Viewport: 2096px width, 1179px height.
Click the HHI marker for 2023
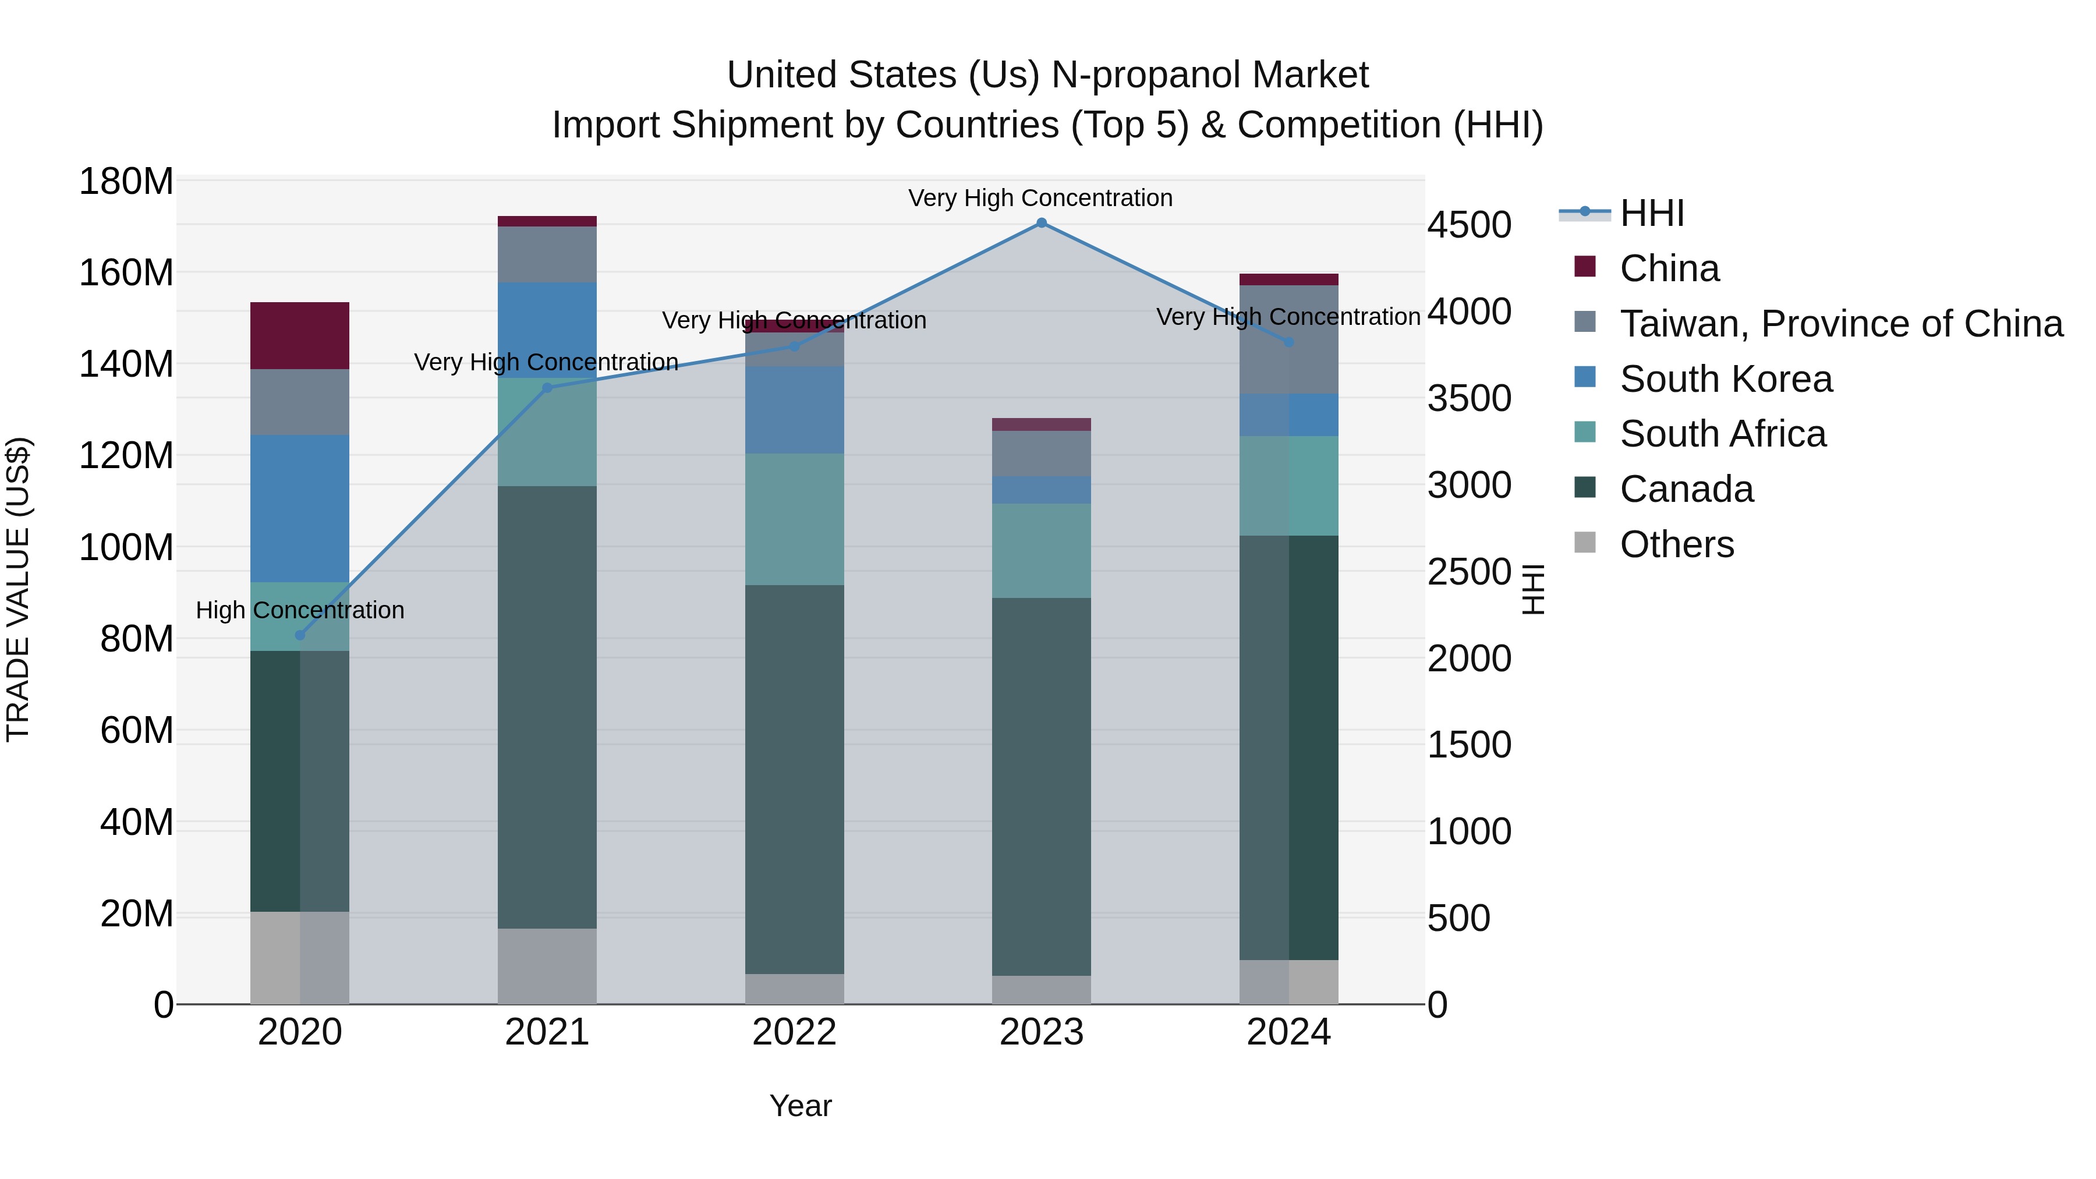coord(1042,223)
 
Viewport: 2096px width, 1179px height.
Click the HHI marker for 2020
coord(299,635)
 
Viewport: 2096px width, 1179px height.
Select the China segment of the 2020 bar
coord(299,335)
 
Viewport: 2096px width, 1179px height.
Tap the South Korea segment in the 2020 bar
coord(299,508)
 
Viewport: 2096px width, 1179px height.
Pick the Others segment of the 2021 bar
coord(547,966)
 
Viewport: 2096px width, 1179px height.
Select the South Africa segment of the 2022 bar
coord(794,519)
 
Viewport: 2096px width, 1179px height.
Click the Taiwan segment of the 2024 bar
coord(1289,339)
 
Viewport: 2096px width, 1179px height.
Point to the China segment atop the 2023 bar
coord(1042,424)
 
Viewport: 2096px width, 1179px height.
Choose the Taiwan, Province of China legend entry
coord(1840,324)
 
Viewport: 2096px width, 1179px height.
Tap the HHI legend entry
coord(1651,213)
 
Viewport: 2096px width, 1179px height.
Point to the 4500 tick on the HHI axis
coord(1470,225)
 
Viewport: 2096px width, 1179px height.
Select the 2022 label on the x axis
coord(794,1032)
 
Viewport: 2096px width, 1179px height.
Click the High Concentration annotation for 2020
coord(299,610)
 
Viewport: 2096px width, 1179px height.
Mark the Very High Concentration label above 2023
coord(1040,198)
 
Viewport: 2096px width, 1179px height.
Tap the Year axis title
coord(801,1106)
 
